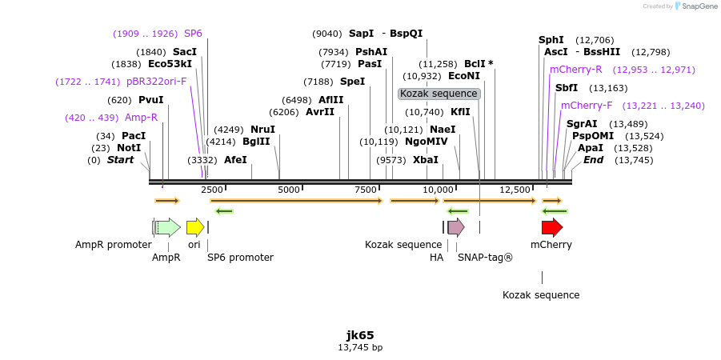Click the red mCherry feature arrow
[551, 227]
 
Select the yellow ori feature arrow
[194, 227]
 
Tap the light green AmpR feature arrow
[167, 227]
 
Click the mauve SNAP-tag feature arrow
[455, 227]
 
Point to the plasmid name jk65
[360, 335]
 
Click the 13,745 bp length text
[360, 348]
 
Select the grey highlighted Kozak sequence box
[439, 94]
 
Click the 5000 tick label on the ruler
[288, 190]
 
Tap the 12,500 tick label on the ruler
[515, 190]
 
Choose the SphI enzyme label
[551, 40]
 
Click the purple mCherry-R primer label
[575, 70]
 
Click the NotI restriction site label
[128, 148]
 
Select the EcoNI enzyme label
[464, 76]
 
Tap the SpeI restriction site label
[352, 82]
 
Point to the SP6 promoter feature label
[240, 258]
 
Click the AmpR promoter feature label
[114, 245]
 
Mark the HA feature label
[436, 258]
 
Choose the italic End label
[593, 160]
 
